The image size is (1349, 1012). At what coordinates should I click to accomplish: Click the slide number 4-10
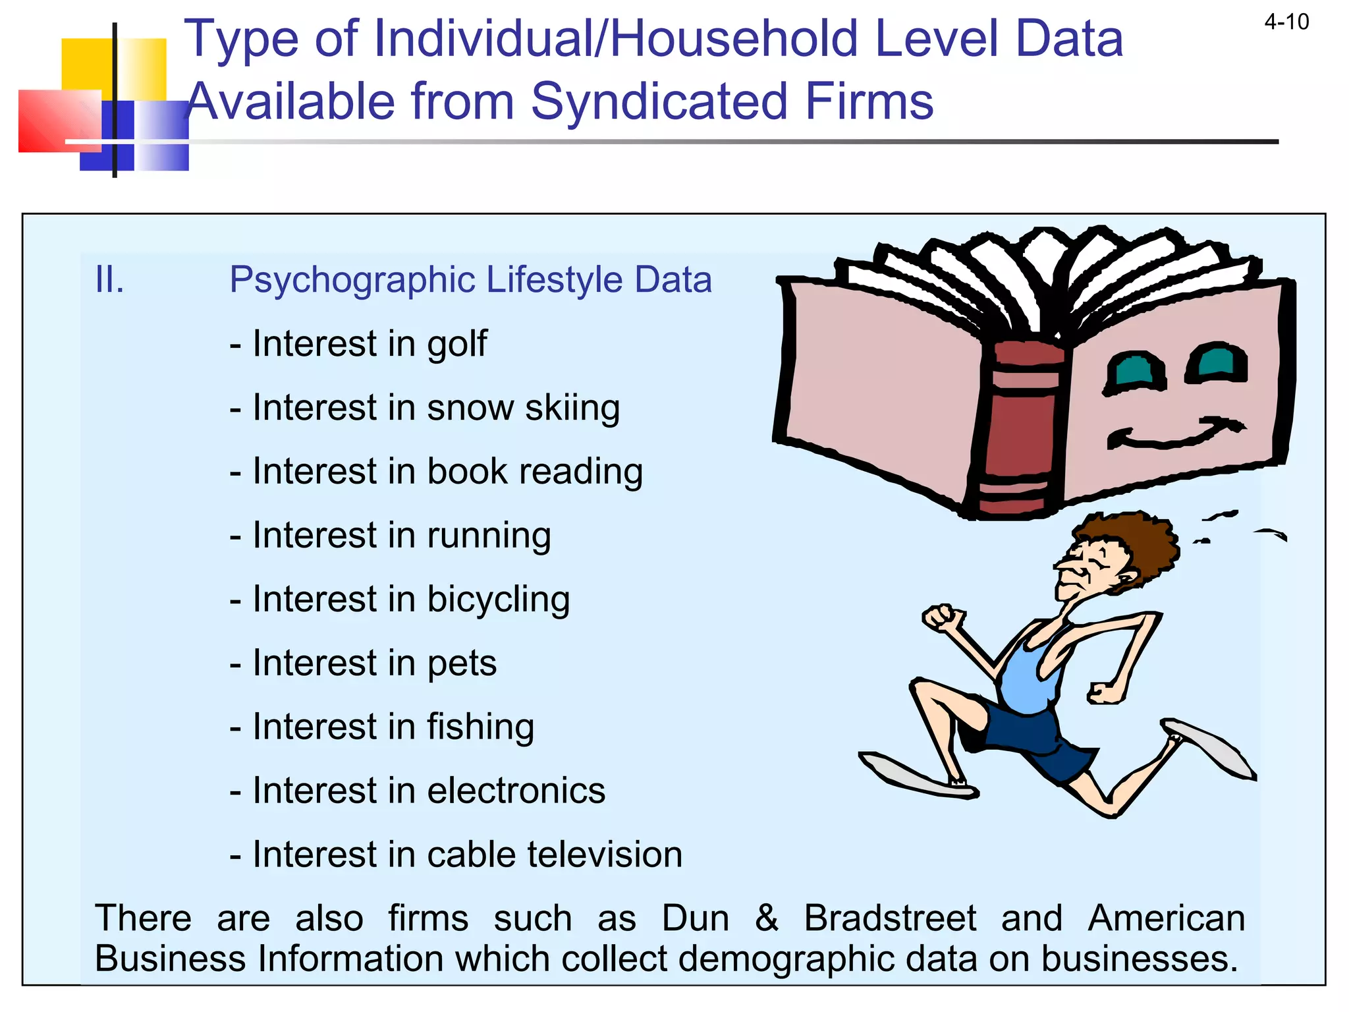1286,22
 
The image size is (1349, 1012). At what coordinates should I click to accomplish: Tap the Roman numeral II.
109,279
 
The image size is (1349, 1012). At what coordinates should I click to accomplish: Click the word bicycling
498,600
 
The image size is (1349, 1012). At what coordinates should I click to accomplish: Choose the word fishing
480,727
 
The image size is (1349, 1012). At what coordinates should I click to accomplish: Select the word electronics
516,791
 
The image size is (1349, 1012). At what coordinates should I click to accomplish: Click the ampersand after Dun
766,918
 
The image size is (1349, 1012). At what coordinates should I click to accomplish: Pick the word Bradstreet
890,918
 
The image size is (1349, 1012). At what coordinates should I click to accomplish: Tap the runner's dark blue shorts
1028,738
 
